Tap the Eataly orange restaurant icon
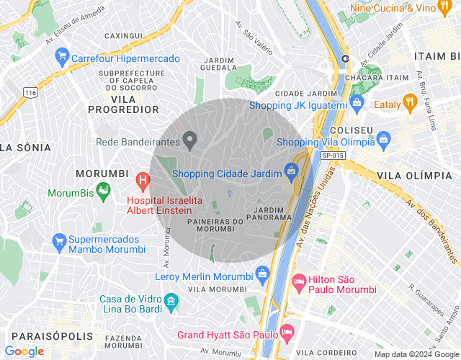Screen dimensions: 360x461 410,102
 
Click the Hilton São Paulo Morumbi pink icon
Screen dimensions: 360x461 298,280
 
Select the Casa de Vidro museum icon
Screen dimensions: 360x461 171,299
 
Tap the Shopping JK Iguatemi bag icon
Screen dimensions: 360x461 357,104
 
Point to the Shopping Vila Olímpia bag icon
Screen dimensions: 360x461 383,138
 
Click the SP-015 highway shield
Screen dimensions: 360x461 332,155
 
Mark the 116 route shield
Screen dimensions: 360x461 30,93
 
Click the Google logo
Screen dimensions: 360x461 24,351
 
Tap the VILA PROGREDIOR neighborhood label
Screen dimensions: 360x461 123,104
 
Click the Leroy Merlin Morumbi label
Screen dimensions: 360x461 204,276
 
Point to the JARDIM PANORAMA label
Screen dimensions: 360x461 272,212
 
